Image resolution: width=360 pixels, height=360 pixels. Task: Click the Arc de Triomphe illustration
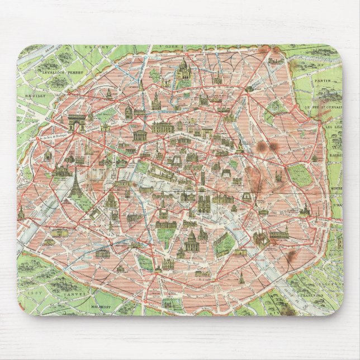point(76,122)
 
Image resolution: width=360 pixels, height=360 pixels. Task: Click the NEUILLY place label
point(42,96)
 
